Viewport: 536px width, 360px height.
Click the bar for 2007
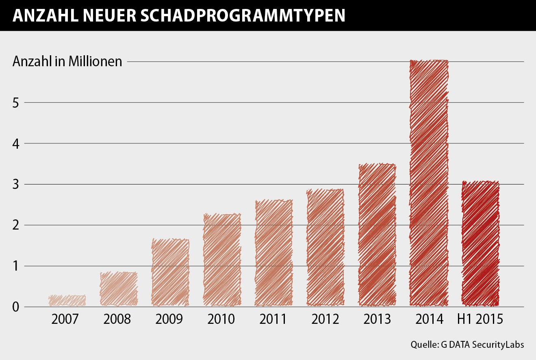tap(67, 301)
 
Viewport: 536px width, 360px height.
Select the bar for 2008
tap(119, 289)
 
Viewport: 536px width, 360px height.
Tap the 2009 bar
tap(170, 273)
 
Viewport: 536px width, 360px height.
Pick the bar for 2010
tap(222, 260)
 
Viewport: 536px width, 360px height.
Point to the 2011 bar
tap(273, 253)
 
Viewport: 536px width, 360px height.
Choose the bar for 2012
tap(325, 247)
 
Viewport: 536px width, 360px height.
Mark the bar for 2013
tap(377, 235)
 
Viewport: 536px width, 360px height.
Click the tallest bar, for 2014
tap(429, 183)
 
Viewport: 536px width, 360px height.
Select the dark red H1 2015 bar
tap(480, 244)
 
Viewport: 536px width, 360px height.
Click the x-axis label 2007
tap(65, 319)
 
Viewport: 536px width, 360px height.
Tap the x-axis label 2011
tap(273, 319)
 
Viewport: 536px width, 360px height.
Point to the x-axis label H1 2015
tap(480, 319)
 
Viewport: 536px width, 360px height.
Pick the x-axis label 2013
tap(377, 319)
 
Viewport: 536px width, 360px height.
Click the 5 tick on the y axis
tap(16, 102)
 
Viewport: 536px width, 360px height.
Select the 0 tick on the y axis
tap(16, 307)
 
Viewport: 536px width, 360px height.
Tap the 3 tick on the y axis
tap(16, 184)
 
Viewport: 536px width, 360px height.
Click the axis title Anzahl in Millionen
tap(67, 61)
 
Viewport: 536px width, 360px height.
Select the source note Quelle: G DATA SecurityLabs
tap(467, 345)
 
